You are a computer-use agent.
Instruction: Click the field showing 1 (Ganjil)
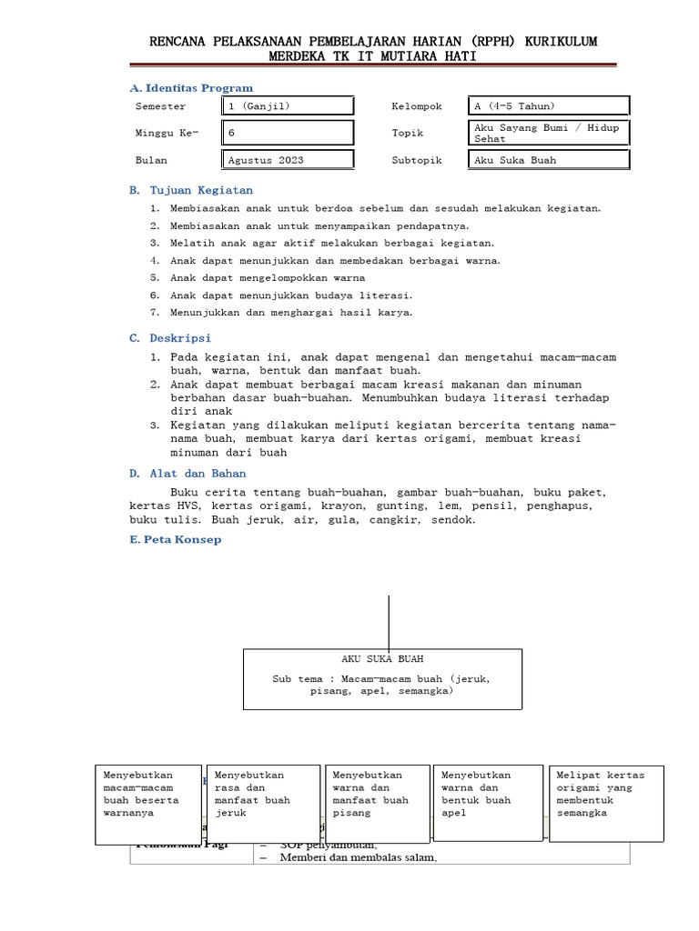(x=289, y=106)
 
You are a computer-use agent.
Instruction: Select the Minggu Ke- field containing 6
(x=289, y=133)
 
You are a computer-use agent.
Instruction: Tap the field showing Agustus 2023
(x=289, y=160)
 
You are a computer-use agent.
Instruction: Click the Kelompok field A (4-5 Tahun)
(x=549, y=106)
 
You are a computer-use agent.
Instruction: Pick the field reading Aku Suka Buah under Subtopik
(x=549, y=160)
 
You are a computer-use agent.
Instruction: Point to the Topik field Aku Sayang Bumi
(x=549, y=133)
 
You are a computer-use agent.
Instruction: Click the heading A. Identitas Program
(x=191, y=88)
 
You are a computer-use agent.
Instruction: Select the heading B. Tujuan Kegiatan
(x=191, y=191)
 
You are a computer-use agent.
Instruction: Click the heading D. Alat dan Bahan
(x=187, y=474)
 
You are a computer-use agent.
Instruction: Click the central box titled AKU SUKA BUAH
(x=382, y=678)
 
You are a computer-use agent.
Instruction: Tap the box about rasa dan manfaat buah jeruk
(x=263, y=805)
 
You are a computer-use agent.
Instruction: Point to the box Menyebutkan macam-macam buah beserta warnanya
(x=148, y=805)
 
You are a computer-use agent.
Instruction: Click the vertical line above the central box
(x=390, y=622)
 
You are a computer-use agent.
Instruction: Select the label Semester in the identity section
(x=160, y=106)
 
